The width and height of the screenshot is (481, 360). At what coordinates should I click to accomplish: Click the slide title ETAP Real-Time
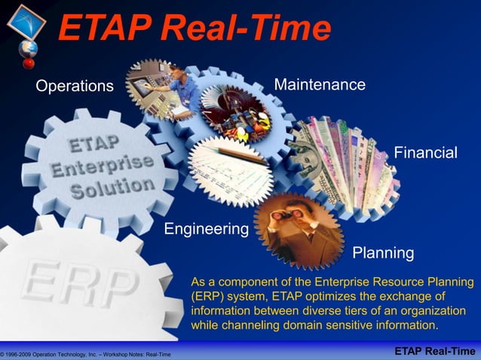coord(195,29)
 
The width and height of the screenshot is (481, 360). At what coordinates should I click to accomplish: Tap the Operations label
coord(74,86)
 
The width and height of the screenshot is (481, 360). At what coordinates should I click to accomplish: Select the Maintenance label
coord(320,84)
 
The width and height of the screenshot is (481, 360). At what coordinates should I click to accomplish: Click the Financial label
coord(425,153)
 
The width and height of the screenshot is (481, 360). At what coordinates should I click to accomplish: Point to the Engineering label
coord(207,228)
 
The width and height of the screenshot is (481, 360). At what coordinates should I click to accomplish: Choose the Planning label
coord(383,252)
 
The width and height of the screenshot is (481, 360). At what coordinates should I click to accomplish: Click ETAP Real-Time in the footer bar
coord(435,352)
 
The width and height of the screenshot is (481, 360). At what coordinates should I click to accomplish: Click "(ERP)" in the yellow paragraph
coord(207,297)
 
